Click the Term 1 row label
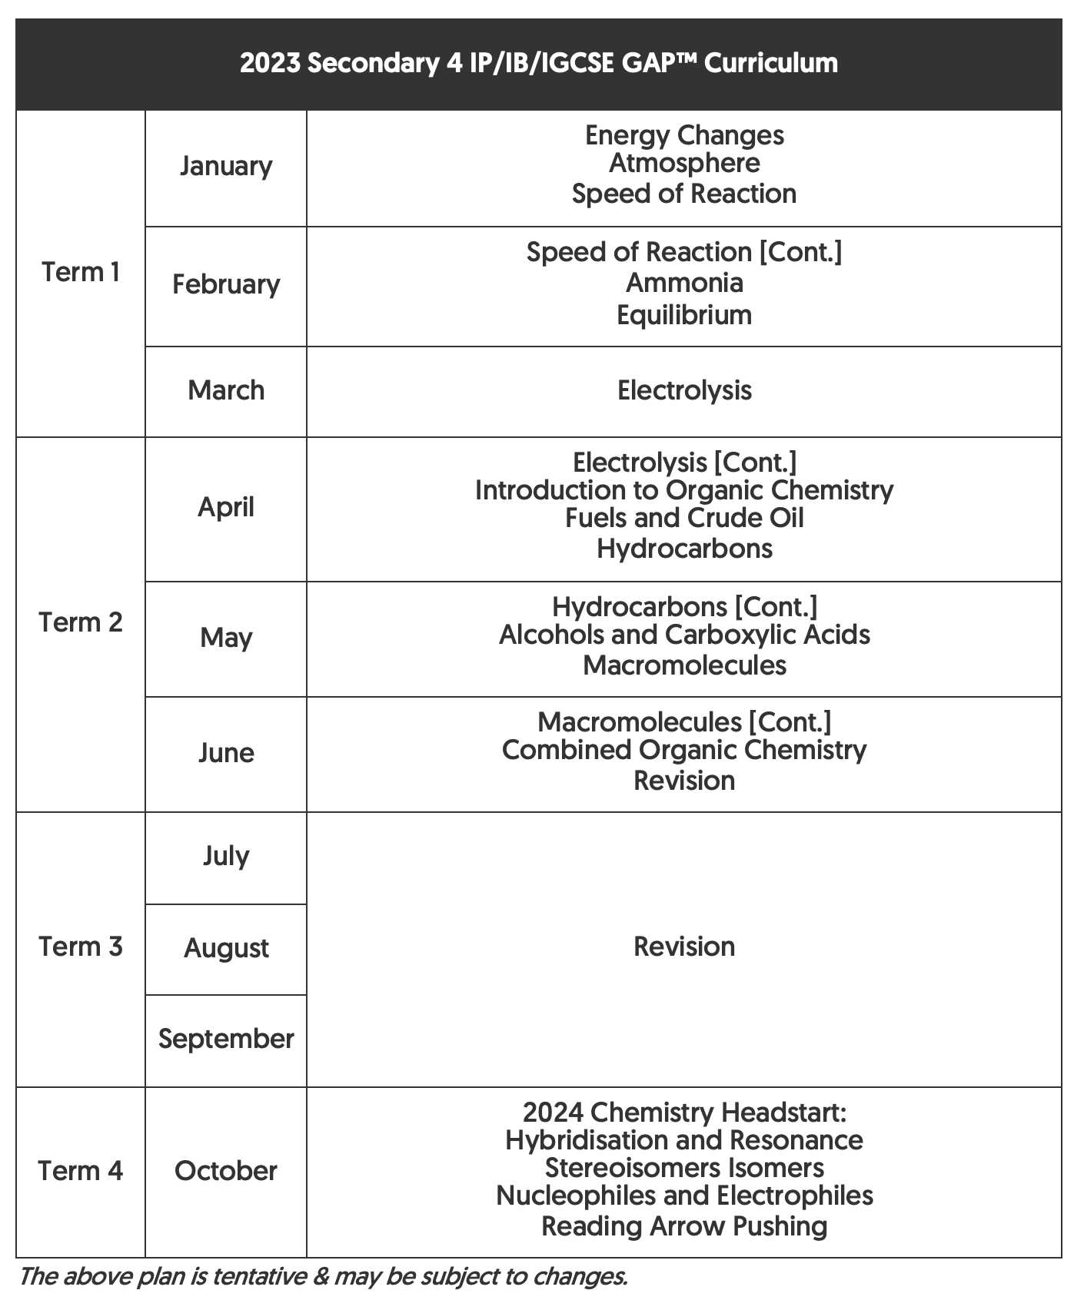[81, 272]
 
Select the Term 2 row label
[81, 622]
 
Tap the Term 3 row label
[81, 947]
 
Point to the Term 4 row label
[81, 1171]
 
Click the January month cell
[226, 167]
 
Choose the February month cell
[226, 284]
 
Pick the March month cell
[226, 390]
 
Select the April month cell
[226, 507]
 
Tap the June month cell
[226, 752]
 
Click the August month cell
[226, 948]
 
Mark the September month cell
[226, 1039]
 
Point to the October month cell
[226, 1171]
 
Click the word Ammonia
[684, 283]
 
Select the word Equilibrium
[684, 315]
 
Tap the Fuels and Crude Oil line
[684, 518]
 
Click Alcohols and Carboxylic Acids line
[684, 635]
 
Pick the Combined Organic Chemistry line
[684, 750]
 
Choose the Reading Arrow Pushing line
[684, 1226]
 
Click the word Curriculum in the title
[770, 63]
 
